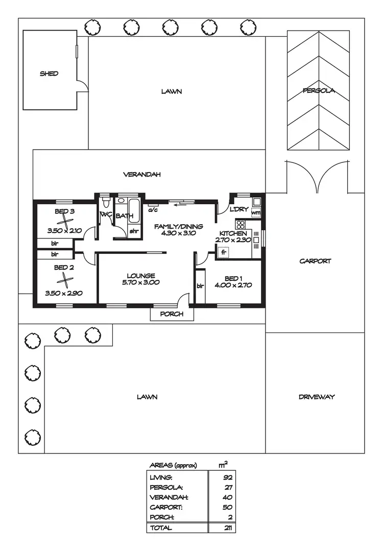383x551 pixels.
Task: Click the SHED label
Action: (x=49, y=74)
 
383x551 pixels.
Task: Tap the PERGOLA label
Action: (x=318, y=91)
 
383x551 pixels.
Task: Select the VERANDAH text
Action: (x=142, y=174)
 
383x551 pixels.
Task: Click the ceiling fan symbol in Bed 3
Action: (x=65, y=220)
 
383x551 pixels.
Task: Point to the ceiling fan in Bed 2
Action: (x=65, y=280)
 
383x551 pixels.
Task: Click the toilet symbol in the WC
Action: (x=105, y=202)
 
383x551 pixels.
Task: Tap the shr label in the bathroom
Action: (x=134, y=231)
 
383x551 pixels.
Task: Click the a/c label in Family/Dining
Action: (x=153, y=209)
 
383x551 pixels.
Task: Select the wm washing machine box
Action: (x=256, y=213)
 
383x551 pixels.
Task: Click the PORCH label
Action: (x=172, y=314)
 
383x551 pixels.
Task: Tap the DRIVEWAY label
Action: (x=317, y=397)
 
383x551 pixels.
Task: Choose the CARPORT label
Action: (x=315, y=261)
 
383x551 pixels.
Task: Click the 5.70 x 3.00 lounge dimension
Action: (x=141, y=282)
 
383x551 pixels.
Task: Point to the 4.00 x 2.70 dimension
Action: (x=233, y=285)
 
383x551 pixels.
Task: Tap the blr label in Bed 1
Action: (x=200, y=285)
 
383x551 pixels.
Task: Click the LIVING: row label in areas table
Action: (x=161, y=477)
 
